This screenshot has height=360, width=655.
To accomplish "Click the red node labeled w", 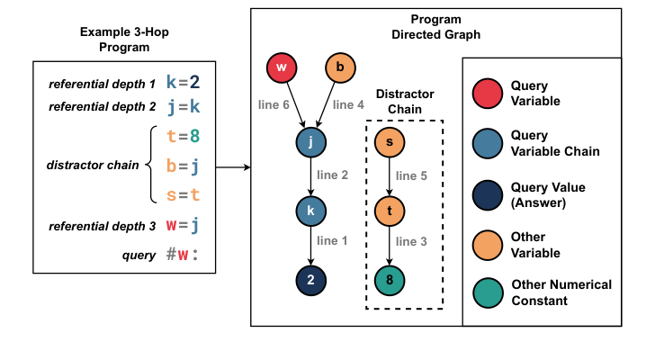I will tap(281, 67).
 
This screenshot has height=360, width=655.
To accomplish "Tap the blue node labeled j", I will tap(310, 141).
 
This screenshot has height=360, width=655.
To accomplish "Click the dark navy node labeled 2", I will tap(310, 280).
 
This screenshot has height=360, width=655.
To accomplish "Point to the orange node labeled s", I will tap(389, 141).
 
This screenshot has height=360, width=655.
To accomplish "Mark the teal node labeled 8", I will tap(389, 280).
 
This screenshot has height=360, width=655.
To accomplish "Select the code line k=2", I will tap(183, 84).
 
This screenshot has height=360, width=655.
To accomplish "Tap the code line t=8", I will tap(183, 138).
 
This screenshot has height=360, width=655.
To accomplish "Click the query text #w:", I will tap(183, 254).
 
